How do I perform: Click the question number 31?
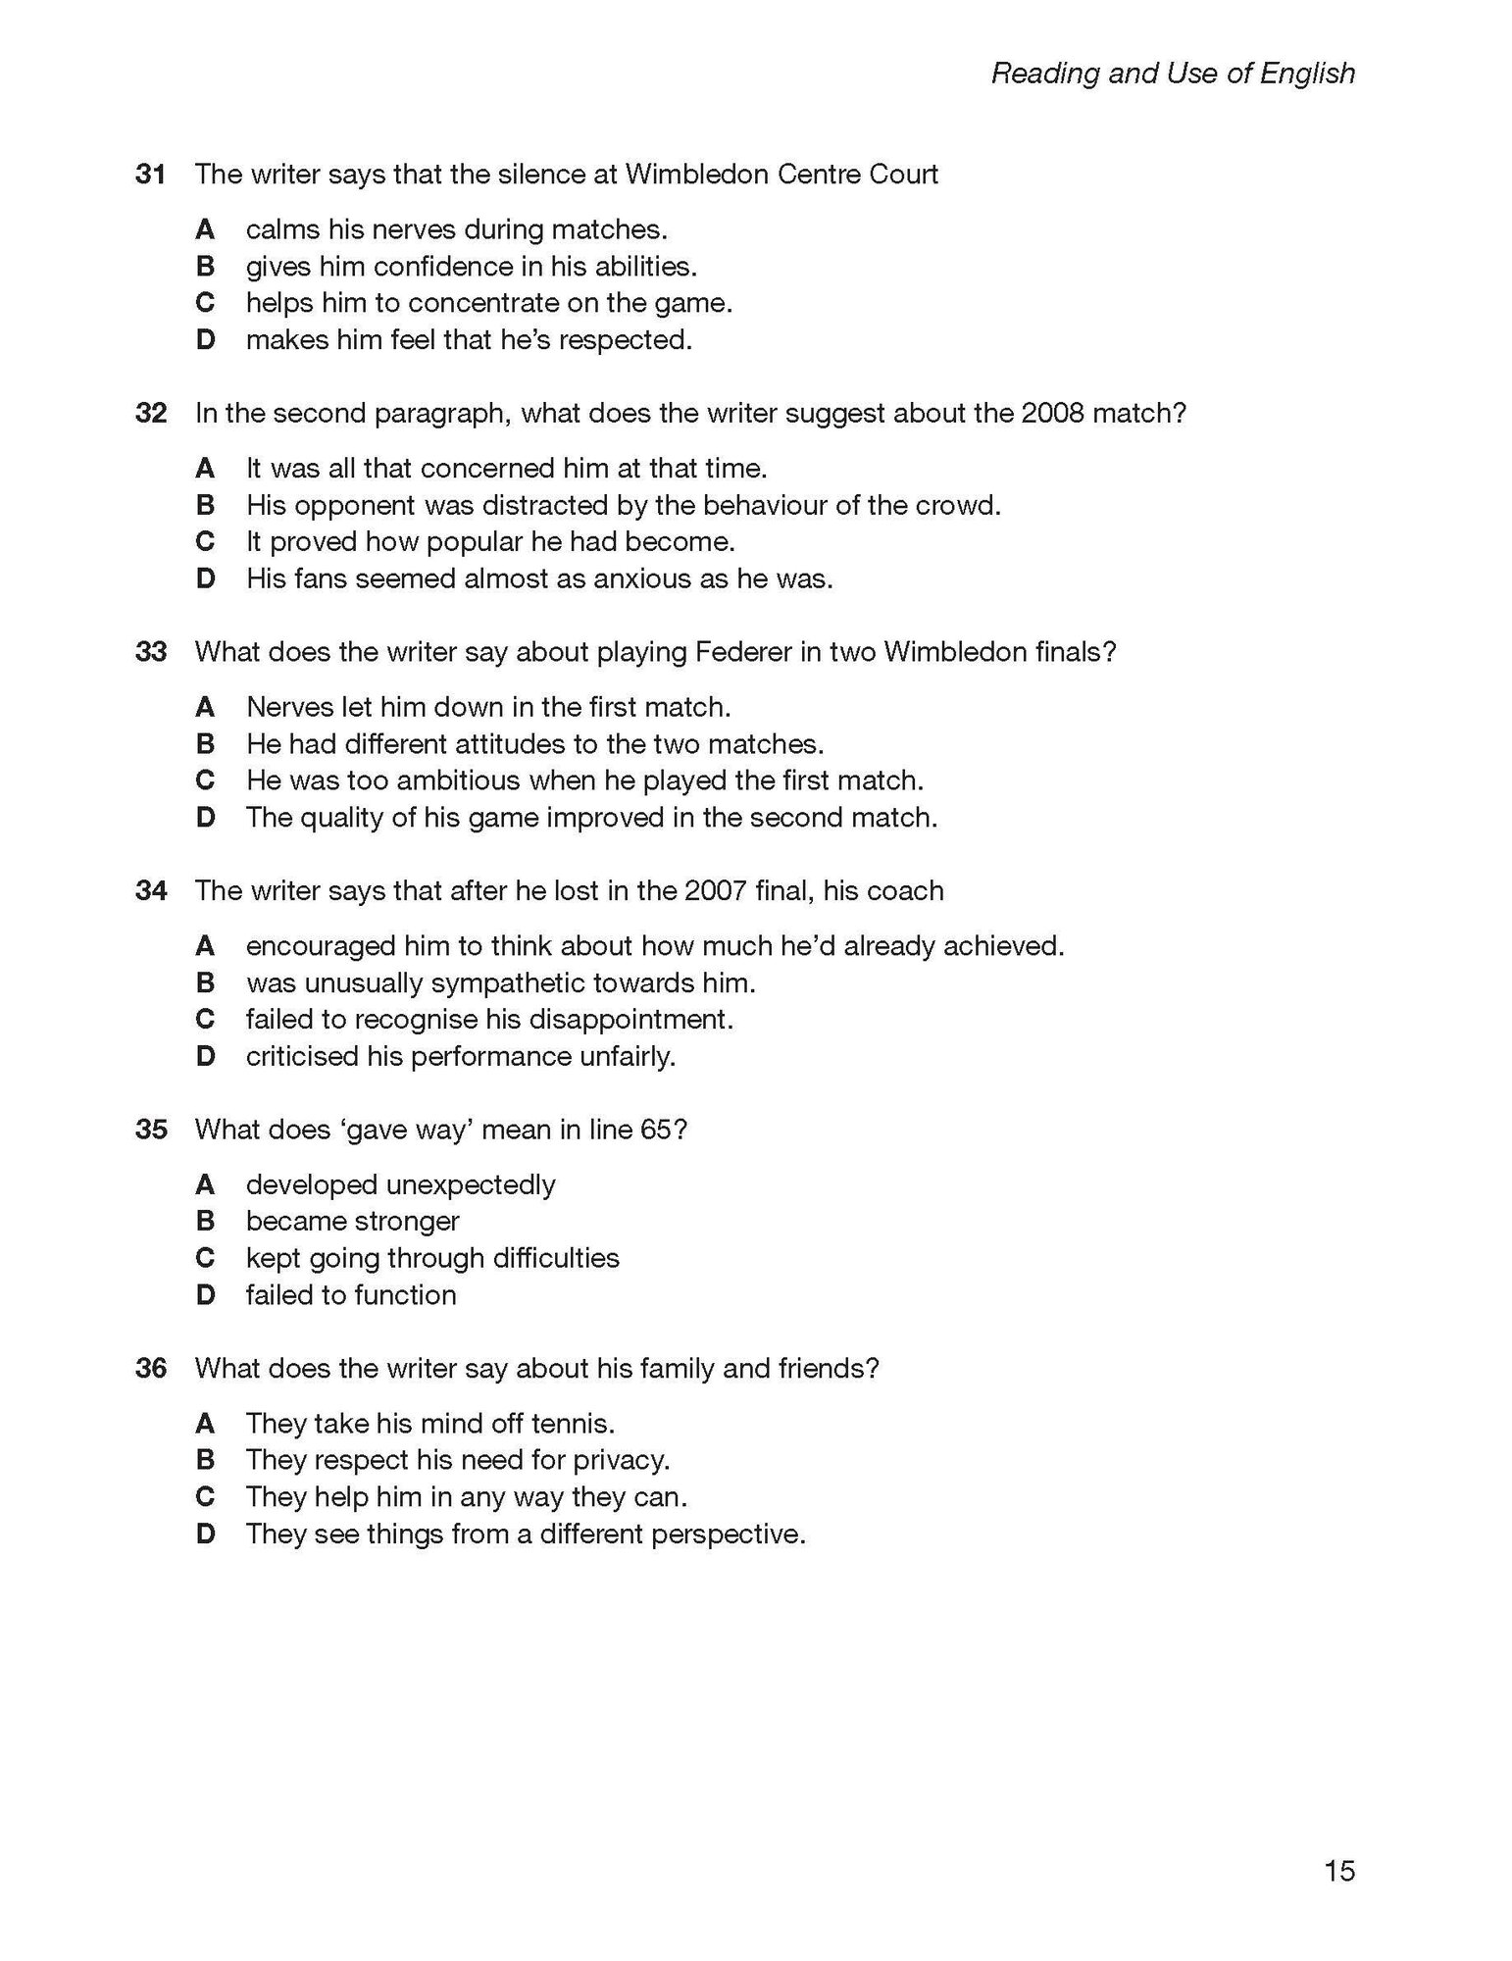pos(150,175)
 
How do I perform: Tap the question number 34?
pos(150,891)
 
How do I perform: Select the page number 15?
pos(1339,1871)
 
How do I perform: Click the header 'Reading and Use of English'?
pos(1173,74)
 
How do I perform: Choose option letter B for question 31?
pos(205,267)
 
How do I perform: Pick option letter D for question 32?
pos(205,579)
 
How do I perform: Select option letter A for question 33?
pos(205,707)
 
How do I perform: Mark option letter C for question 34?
pos(205,1020)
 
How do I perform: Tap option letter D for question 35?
pos(205,1295)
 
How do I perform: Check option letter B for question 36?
pos(205,1460)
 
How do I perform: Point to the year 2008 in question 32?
pos(1052,413)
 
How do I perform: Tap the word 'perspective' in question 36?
pos(728,1534)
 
